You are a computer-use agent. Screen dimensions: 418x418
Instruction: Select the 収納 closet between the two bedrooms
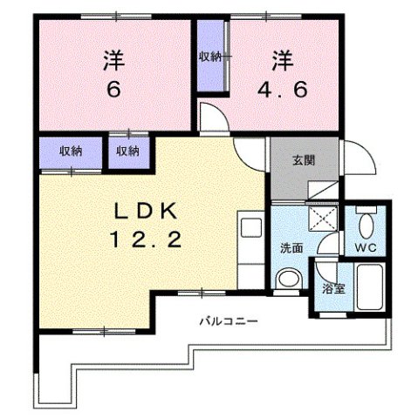pos(209,57)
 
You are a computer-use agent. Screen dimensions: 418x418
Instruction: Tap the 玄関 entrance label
pos(303,159)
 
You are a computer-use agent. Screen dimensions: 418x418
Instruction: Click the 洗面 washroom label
pos(291,247)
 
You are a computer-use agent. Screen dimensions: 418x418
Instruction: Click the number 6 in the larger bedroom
pos(113,91)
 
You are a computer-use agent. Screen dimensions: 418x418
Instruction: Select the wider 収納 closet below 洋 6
pos(71,151)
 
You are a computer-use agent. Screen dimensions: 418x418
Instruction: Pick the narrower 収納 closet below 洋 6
pos(127,151)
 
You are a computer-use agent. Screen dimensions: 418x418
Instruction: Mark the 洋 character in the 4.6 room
pos(281,61)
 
